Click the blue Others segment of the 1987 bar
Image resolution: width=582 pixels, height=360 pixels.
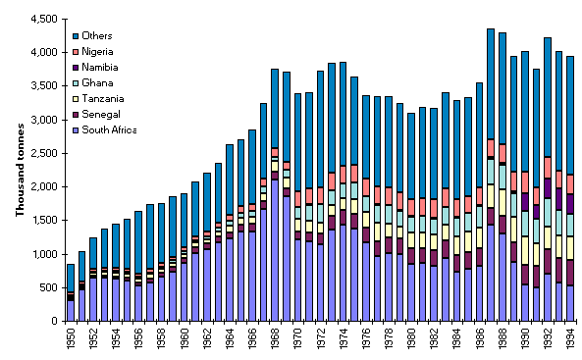pos(489,83)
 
